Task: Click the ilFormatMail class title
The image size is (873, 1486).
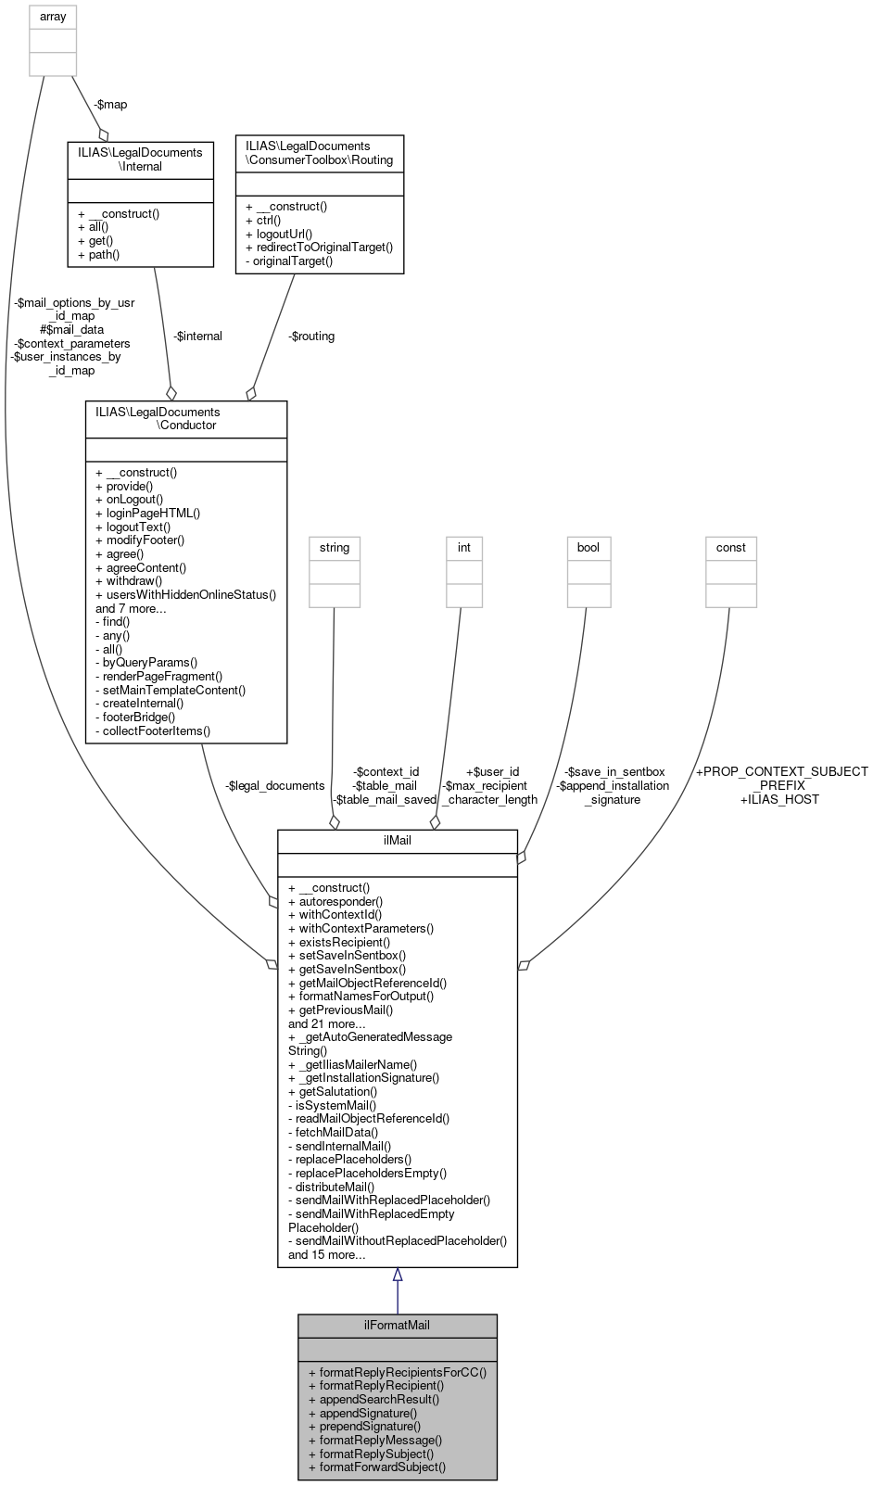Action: click(x=397, y=1325)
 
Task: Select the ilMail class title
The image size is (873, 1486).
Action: click(x=397, y=841)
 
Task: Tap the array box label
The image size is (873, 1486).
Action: click(x=53, y=17)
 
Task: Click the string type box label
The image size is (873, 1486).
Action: click(x=334, y=548)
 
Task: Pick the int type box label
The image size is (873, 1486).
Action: click(x=463, y=548)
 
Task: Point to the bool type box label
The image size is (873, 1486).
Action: click(x=588, y=548)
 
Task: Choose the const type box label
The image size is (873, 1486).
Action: click(x=730, y=548)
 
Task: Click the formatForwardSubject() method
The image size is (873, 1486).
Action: click(x=382, y=1467)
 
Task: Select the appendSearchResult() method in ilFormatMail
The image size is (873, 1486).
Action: click(x=379, y=1399)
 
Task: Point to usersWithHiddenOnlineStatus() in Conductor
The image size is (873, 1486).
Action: click(x=185, y=594)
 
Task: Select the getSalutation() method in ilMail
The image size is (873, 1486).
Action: click(x=333, y=1091)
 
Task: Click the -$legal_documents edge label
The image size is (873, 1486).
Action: click(x=274, y=785)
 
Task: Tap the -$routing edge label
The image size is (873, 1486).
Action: click(x=310, y=336)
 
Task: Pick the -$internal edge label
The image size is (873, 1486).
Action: click(x=197, y=336)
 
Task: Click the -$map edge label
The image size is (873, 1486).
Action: click(x=110, y=104)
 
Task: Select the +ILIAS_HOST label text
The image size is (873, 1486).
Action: click(x=779, y=799)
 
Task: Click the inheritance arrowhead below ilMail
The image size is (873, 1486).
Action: click(x=397, y=1275)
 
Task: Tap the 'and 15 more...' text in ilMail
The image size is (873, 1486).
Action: click(x=326, y=1254)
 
